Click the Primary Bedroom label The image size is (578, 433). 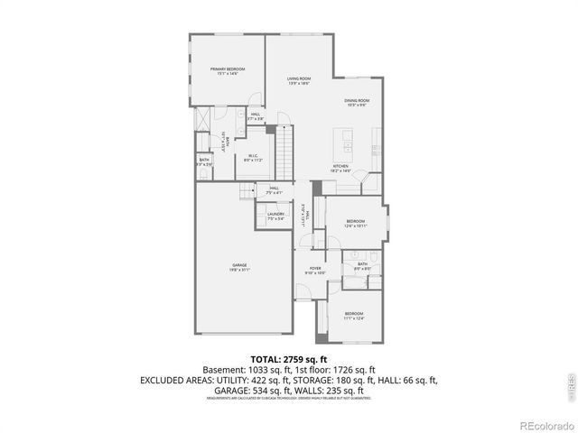click(x=228, y=71)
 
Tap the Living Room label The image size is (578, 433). click(x=299, y=81)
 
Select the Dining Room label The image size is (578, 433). click(x=357, y=102)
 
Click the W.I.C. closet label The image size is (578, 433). click(x=255, y=158)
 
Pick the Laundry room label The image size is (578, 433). click(x=275, y=216)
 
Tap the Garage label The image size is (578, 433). click(x=239, y=267)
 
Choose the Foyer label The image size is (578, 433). click(x=316, y=270)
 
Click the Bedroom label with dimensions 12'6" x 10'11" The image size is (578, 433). click(x=355, y=223)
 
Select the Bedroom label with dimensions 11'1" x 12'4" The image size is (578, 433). click(x=355, y=318)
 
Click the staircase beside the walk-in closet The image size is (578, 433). click(x=285, y=153)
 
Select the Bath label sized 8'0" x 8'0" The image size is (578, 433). click(x=362, y=266)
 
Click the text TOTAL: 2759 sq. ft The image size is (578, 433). click(x=288, y=359)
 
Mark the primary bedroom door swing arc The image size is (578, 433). click(x=256, y=101)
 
